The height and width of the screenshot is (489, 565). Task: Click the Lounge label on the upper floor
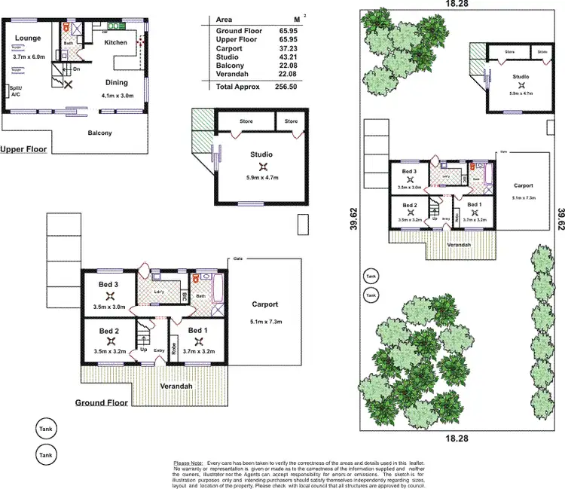pyautogui.click(x=27, y=38)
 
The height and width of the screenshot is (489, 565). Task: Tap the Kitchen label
pyautogui.click(x=116, y=42)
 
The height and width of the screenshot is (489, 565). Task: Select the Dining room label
pyautogui.click(x=117, y=83)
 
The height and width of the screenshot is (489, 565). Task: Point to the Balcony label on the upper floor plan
pyautogui.click(x=99, y=133)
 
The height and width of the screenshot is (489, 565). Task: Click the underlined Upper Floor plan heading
pyautogui.click(x=23, y=149)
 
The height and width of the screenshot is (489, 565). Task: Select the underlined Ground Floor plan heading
pyautogui.click(x=101, y=403)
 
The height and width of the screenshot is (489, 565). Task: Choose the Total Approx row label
pyautogui.click(x=238, y=87)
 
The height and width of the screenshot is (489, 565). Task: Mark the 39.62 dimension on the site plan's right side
pyautogui.click(x=559, y=218)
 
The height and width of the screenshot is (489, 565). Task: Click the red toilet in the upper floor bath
pyautogui.click(x=66, y=29)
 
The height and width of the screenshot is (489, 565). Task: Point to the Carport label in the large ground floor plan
pyautogui.click(x=265, y=304)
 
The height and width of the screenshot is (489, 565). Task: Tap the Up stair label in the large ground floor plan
pyautogui.click(x=143, y=350)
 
